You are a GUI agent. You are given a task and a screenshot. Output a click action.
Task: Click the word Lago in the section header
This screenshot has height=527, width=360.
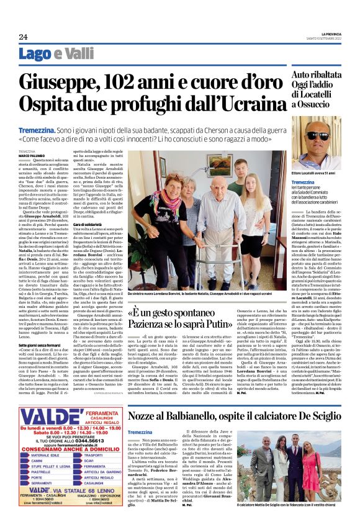click(x=52, y=54)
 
